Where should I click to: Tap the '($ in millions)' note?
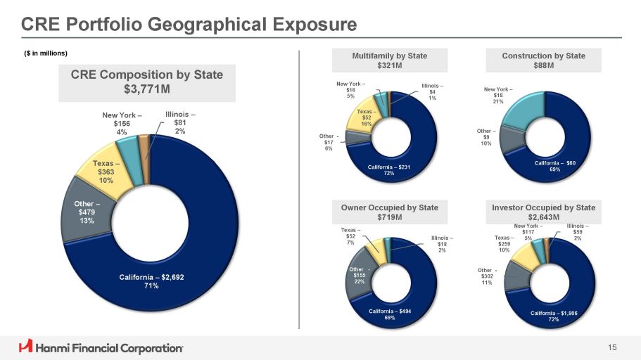pos(46,54)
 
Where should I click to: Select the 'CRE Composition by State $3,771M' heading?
pos(147,82)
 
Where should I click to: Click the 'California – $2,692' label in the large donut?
pos(151,281)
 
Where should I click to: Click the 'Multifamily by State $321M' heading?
pos(389,60)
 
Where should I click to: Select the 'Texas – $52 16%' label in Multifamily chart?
pos(366,117)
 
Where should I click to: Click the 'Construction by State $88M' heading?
pos(543,60)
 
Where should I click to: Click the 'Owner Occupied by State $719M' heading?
pos(389,212)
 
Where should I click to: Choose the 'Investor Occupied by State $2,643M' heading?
pos(543,212)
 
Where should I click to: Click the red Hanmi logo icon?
pos(26,346)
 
